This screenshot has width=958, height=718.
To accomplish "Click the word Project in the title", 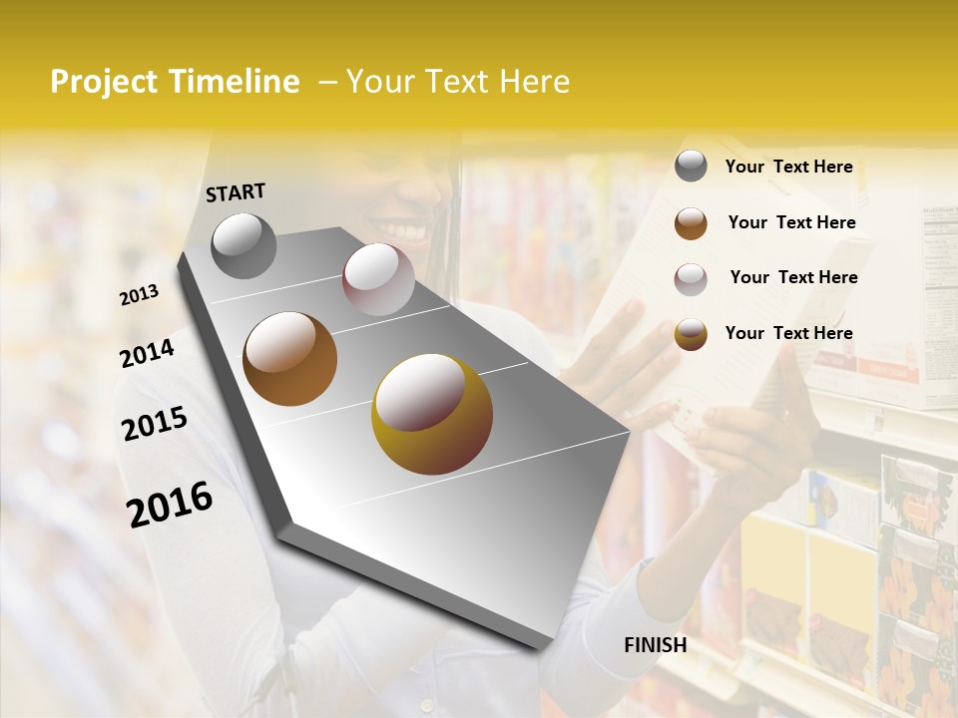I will pyautogui.click(x=104, y=82).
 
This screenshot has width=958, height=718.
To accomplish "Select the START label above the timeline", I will pyautogui.click(x=236, y=192).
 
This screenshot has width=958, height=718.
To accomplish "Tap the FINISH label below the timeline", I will pyautogui.click(x=655, y=645).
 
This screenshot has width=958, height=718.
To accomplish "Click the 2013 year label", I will pyautogui.click(x=139, y=294).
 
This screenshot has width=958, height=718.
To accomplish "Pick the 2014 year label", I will pyautogui.click(x=147, y=353).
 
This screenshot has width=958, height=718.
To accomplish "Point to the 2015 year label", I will pyautogui.click(x=155, y=423).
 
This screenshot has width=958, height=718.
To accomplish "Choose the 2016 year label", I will pyautogui.click(x=170, y=504).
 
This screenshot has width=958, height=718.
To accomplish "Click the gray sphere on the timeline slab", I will pyautogui.click(x=243, y=244).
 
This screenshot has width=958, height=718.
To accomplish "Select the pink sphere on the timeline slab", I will pyautogui.click(x=378, y=278).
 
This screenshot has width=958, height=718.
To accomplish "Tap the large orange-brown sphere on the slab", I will pyautogui.click(x=289, y=358).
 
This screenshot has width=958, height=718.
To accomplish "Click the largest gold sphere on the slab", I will pyautogui.click(x=431, y=413).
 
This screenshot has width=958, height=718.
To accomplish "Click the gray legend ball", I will pyautogui.click(x=691, y=167).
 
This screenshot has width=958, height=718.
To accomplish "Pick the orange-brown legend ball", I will pyautogui.click(x=691, y=222).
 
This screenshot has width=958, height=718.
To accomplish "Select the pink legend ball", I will pyautogui.click(x=691, y=278).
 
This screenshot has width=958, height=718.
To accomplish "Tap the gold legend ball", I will pyautogui.click(x=691, y=334).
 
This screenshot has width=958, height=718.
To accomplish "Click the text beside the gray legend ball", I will pyautogui.click(x=788, y=167).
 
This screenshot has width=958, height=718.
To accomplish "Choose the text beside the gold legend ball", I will pyautogui.click(x=788, y=333).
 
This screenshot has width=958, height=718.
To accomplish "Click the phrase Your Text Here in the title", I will pyautogui.click(x=458, y=82).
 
